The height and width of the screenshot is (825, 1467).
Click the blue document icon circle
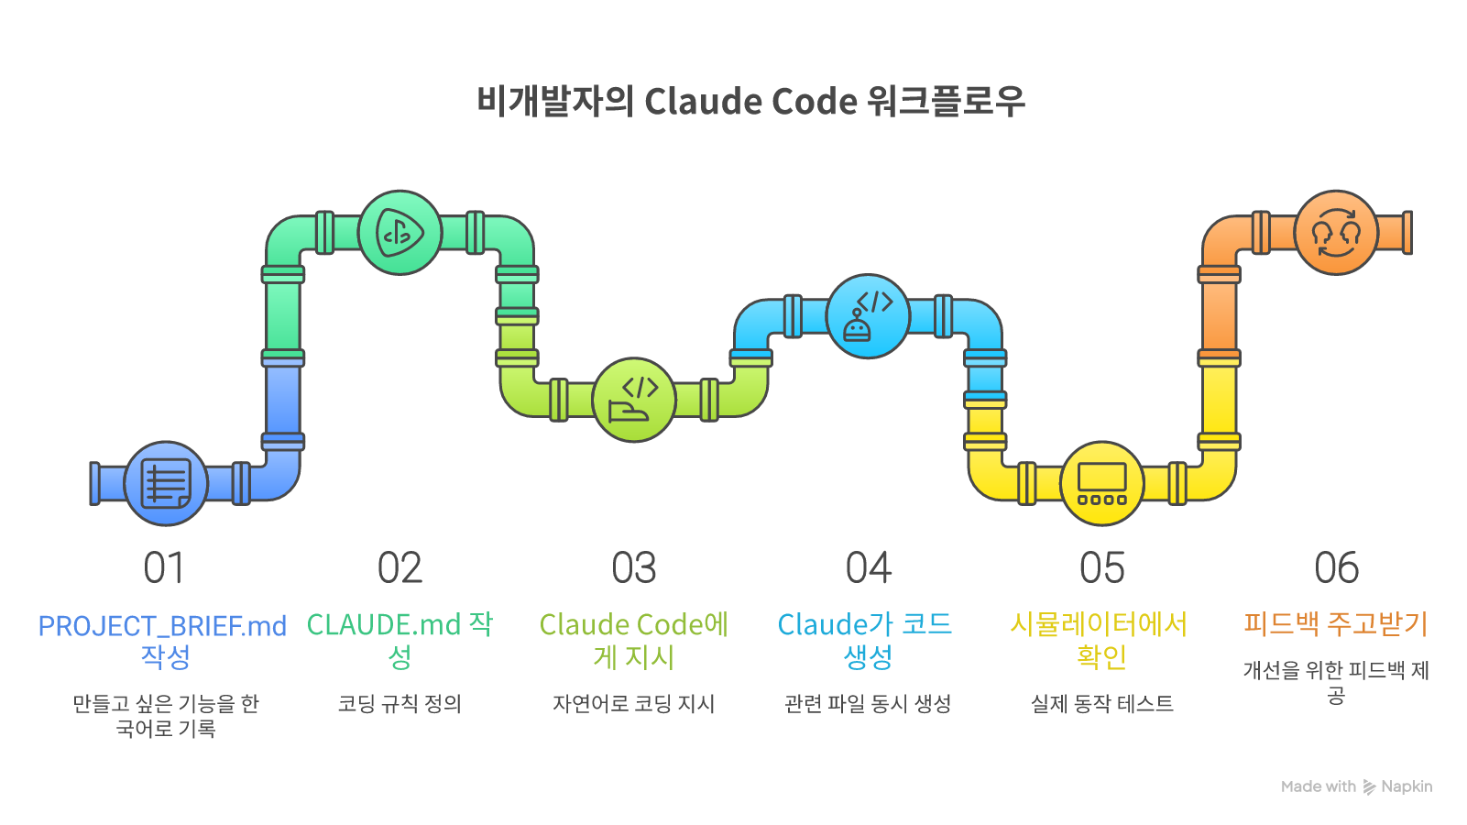pyautogui.click(x=166, y=483)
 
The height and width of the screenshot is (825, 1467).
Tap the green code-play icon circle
pyautogui.click(x=400, y=233)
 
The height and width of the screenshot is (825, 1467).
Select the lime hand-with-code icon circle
pyautogui.click(x=634, y=400)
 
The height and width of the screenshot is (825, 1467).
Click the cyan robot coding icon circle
pyautogui.click(x=868, y=316)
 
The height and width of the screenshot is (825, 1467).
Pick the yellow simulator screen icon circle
pyautogui.click(x=1102, y=483)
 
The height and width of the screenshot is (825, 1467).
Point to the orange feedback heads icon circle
pyautogui.click(x=1336, y=233)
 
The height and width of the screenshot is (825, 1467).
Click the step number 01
pyautogui.click(x=165, y=568)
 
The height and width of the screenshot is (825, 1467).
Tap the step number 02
pyautogui.click(x=400, y=568)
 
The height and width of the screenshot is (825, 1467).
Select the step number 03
pyautogui.click(x=634, y=568)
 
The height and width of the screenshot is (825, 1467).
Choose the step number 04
pyautogui.click(x=868, y=568)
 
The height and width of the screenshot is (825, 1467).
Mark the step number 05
pyautogui.click(x=1102, y=568)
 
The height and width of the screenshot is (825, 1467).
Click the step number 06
pyautogui.click(x=1336, y=568)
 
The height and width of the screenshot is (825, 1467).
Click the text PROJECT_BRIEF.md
pyautogui.click(x=162, y=626)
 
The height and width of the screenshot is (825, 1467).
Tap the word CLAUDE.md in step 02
pyautogui.click(x=384, y=624)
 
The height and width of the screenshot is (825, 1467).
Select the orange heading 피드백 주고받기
pyautogui.click(x=1336, y=624)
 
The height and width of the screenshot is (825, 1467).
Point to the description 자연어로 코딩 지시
pyautogui.click(x=634, y=704)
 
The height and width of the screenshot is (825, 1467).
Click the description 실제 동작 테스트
pyautogui.click(x=1102, y=704)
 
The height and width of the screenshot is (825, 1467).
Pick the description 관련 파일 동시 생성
pyautogui.click(x=868, y=704)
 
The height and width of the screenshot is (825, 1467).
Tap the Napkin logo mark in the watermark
pyautogui.click(x=1369, y=786)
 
